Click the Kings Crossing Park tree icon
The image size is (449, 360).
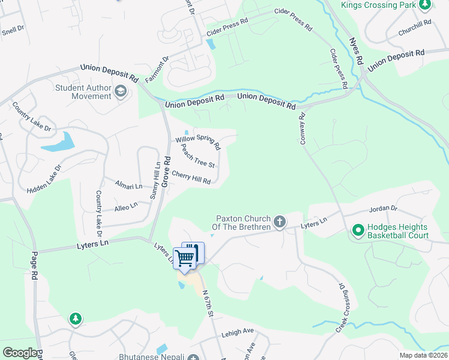click(425, 5)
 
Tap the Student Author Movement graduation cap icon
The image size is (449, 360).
click(121, 92)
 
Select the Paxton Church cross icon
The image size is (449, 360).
click(279, 223)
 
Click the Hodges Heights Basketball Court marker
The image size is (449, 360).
click(358, 230)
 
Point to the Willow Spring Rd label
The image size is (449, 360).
click(198, 142)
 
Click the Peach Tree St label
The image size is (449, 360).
click(197, 156)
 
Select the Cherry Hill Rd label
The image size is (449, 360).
click(191, 178)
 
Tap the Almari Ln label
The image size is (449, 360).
click(129, 187)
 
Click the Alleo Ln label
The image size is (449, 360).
click(126, 206)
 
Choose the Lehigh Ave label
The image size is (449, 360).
click(238, 331)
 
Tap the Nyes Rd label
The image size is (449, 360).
click(356, 52)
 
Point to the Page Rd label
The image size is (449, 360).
click(35, 266)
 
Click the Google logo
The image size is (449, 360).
click(20, 353)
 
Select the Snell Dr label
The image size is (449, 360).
click(12, 30)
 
